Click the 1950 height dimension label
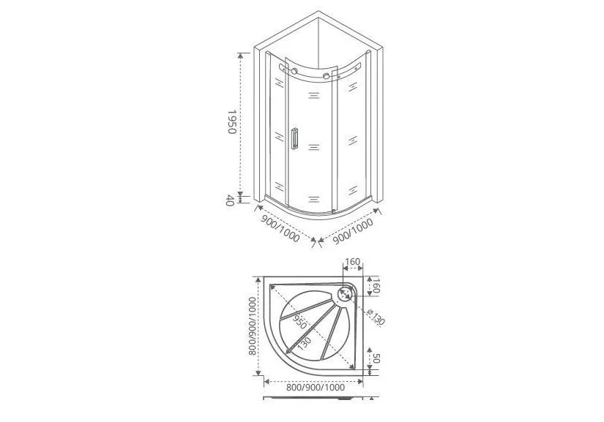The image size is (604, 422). pyautogui.click(x=231, y=121)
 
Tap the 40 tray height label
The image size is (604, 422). pyautogui.click(x=230, y=200)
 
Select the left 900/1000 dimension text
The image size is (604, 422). pyautogui.click(x=280, y=228)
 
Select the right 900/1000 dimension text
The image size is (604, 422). pyautogui.click(x=353, y=231)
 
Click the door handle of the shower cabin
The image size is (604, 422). pyautogui.click(x=295, y=138)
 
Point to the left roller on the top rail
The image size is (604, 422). pyautogui.click(x=294, y=71)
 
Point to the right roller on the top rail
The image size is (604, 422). pyautogui.click(x=327, y=76)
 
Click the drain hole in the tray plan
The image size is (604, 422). pyautogui.click(x=344, y=295)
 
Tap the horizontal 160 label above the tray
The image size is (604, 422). pyautogui.click(x=352, y=262)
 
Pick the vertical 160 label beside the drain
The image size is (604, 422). pyautogui.click(x=376, y=285)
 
